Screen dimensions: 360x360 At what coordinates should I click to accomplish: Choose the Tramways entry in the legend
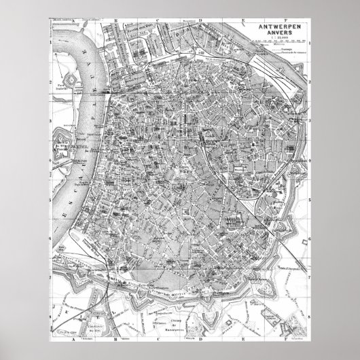tap(285, 54)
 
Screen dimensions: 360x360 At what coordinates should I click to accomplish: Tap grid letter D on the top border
tap(202, 20)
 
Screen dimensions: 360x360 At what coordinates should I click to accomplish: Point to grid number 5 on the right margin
tap(309, 201)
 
